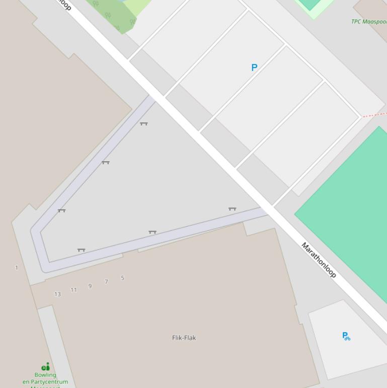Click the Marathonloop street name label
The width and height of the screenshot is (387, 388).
click(x=318, y=260)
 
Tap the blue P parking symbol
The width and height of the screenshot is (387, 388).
click(x=254, y=68)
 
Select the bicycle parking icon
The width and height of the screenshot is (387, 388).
click(x=346, y=336)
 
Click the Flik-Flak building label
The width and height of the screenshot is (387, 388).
click(x=184, y=338)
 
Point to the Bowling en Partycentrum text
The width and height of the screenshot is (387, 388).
click(x=45, y=378)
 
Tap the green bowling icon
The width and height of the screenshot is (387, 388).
click(x=45, y=366)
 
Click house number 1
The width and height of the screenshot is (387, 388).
click(x=17, y=268)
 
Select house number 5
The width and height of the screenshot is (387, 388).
click(x=122, y=278)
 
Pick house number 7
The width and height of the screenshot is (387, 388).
click(x=106, y=282)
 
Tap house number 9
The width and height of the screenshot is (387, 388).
click(x=90, y=286)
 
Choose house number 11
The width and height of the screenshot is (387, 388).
click(x=73, y=290)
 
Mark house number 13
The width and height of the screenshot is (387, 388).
click(x=57, y=294)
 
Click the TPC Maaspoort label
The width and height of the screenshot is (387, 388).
click(x=369, y=22)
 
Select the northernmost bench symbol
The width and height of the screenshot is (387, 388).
click(x=144, y=123)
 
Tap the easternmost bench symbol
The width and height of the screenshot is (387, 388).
click(x=232, y=209)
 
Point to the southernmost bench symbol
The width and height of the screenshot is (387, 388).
click(x=81, y=250)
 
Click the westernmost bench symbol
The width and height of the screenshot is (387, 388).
click(x=61, y=211)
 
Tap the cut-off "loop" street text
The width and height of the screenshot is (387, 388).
click(x=64, y=5)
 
